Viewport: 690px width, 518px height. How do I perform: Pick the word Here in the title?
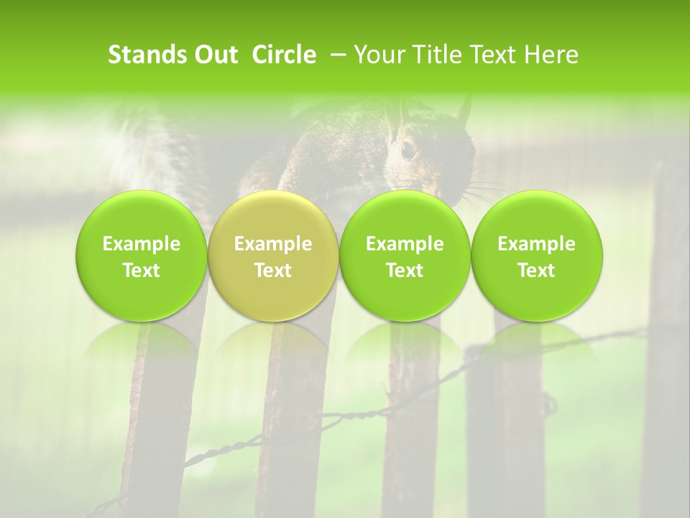(551, 55)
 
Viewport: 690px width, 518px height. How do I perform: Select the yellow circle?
(273, 256)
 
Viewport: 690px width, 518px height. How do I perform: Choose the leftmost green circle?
(141, 256)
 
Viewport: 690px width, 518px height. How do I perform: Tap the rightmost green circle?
(537, 256)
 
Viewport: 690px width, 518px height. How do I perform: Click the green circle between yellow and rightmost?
(405, 256)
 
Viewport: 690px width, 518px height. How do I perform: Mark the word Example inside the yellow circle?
(273, 244)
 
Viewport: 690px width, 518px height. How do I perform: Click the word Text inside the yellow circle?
(273, 271)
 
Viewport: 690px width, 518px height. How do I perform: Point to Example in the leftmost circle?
(141, 244)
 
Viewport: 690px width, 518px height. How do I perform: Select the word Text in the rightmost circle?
(537, 271)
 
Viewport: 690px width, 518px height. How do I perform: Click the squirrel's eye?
(408, 150)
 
